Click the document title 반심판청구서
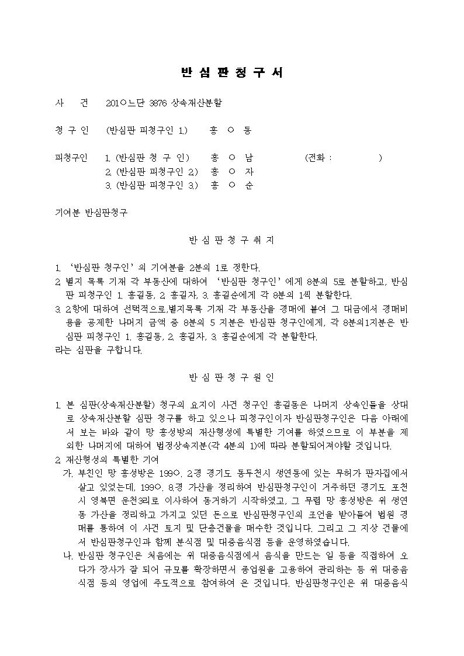[232, 73]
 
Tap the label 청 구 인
[71, 130]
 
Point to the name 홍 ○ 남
[232, 158]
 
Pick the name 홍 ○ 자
[232, 172]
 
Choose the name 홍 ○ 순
[232, 186]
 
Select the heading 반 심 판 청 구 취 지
[232, 240]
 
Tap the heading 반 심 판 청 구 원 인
[232, 377]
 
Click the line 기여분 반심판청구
[91, 213]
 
